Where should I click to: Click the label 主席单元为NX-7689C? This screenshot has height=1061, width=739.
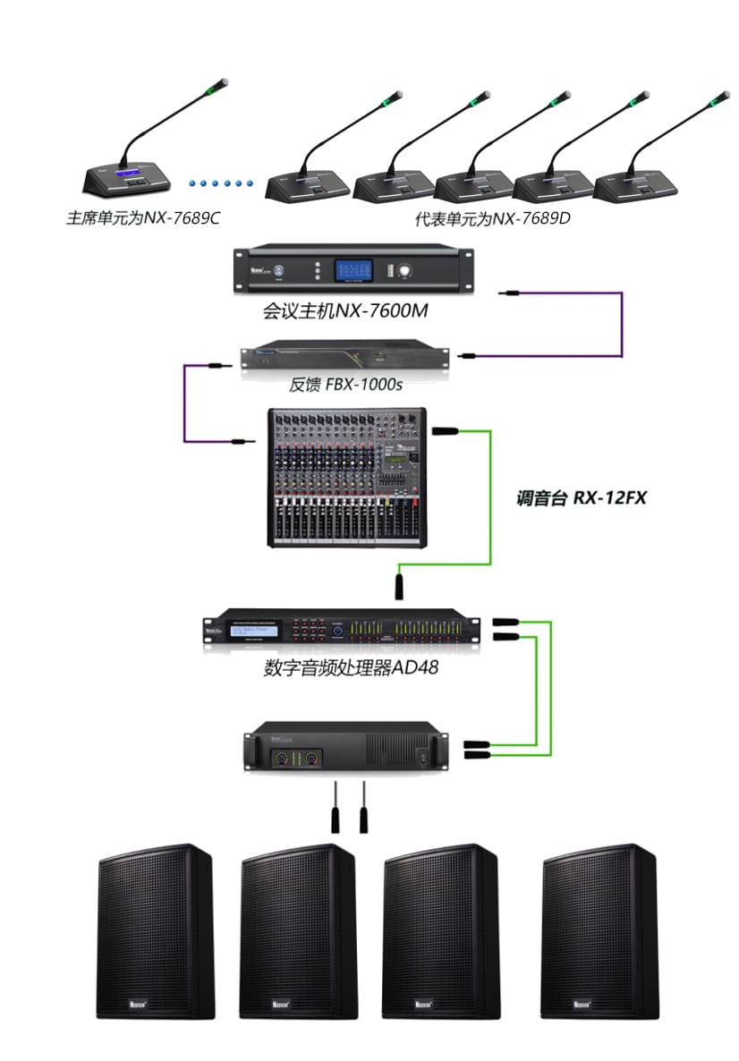click(x=143, y=217)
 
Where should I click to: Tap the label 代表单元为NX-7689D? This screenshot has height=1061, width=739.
click(x=492, y=217)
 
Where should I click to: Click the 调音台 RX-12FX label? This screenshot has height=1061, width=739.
click(x=582, y=498)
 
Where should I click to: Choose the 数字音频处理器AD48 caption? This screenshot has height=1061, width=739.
click(x=351, y=667)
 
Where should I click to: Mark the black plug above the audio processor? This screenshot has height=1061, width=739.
click(x=399, y=586)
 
